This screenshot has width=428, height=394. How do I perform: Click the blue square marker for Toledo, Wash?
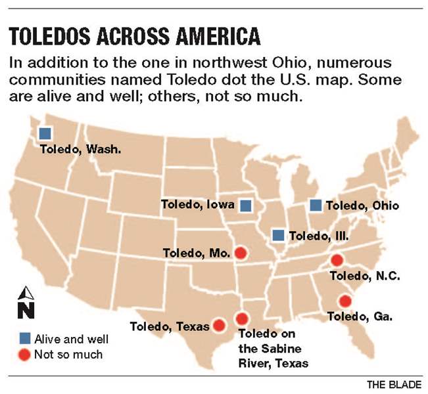click(x=45, y=133)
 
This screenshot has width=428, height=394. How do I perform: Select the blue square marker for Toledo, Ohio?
click(x=316, y=205)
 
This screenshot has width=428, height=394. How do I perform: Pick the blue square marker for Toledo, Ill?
click(x=279, y=235)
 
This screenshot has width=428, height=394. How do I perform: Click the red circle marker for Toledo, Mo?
click(x=241, y=252)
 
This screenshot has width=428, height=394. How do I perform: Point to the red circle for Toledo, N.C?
click(x=337, y=261)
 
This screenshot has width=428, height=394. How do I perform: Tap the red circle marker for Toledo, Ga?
click(x=345, y=301)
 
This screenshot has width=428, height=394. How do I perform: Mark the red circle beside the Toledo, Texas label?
click(x=220, y=324)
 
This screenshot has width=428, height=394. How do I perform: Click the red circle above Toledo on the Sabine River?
click(x=243, y=318)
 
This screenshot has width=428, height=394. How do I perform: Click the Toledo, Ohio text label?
click(x=362, y=206)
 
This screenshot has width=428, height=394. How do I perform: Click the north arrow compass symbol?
click(x=25, y=303)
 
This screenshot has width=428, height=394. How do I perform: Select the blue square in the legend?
click(x=24, y=339)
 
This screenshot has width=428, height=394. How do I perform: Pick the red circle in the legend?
click(x=24, y=355)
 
